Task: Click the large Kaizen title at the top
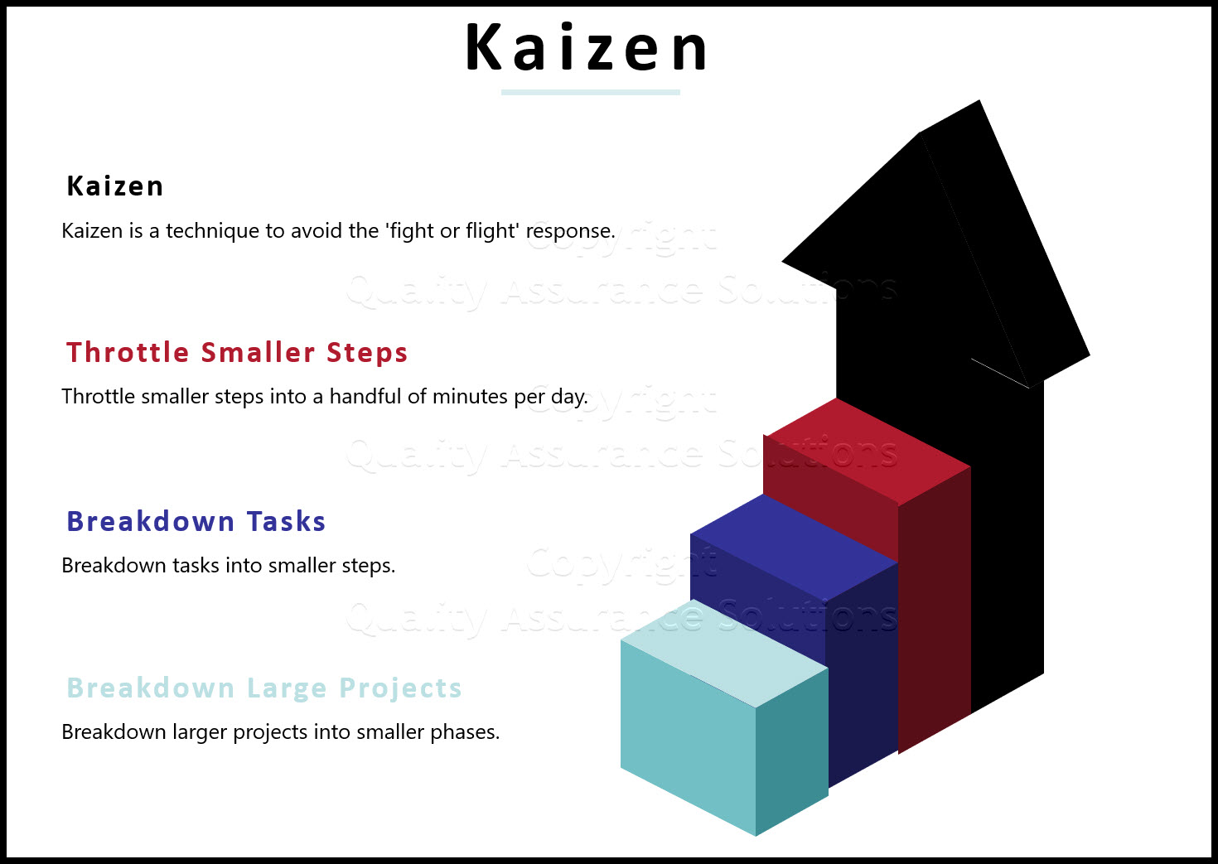[586, 48]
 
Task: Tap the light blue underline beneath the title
[590, 92]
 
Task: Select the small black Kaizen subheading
[115, 186]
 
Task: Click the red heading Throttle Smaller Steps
[237, 353]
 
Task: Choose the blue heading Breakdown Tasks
[196, 522]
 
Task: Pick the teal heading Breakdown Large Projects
[264, 688]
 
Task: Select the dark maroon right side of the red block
[935, 609]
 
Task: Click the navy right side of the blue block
[862, 671]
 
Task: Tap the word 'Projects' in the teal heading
[400, 688]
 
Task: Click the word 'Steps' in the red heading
[367, 353]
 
